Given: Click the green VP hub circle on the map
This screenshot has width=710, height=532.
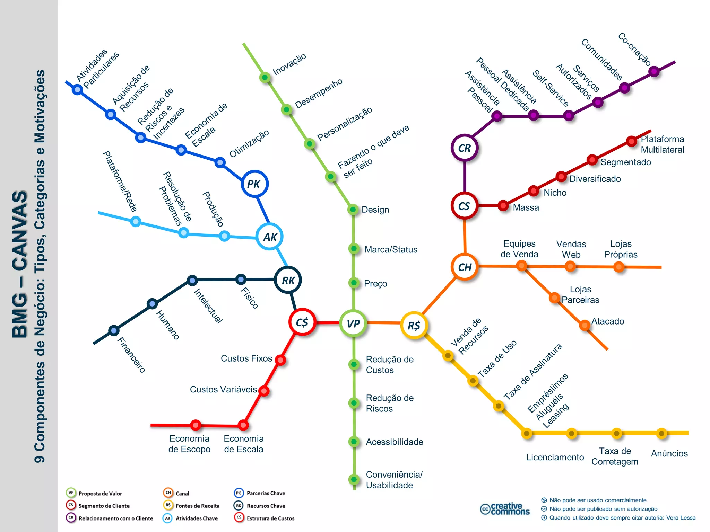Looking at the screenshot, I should click(x=353, y=323).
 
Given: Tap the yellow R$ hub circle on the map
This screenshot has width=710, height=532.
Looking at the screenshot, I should click(x=414, y=325).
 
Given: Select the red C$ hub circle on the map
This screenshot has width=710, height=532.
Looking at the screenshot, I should click(x=302, y=322).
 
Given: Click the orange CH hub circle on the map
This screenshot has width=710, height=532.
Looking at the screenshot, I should click(x=465, y=267).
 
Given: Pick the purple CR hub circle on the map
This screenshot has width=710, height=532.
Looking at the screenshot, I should click(x=465, y=148).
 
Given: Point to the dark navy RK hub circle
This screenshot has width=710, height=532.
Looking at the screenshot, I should click(x=288, y=280).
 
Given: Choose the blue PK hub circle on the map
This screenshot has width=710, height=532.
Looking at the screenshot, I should click(x=254, y=184).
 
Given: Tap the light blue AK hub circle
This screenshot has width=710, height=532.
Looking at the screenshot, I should click(x=270, y=237).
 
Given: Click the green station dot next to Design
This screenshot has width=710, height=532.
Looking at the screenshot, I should click(x=353, y=209).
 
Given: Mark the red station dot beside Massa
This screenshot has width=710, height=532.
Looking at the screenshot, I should click(x=503, y=205).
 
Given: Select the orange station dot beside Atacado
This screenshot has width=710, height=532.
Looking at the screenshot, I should click(x=585, y=325).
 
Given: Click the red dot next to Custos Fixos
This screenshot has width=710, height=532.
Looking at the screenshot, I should click(x=280, y=360).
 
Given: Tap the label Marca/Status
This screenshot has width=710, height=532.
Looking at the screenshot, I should click(x=391, y=249).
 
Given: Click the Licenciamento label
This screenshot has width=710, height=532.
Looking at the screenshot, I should click(x=555, y=457).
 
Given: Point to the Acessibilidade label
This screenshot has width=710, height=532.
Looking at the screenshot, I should click(x=395, y=442).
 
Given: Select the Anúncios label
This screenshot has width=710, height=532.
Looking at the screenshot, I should click(x=669, y=453).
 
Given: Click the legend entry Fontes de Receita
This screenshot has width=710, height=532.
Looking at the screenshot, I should click(x=197, y=506).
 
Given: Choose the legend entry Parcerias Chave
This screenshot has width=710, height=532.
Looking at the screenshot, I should click(x=266, y=493).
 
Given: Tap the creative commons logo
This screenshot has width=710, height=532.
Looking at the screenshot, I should click(x=505, y=509).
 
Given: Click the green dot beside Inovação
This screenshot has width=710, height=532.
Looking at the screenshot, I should click(x=265, y=77).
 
